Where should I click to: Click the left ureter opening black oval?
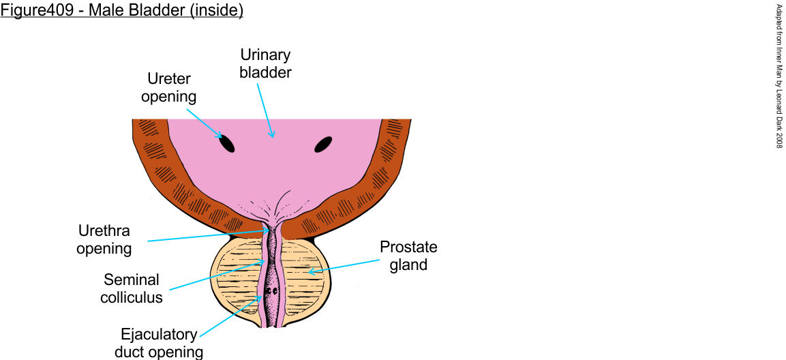pyautogui.click(x=226, y=143)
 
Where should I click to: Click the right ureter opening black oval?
pyautogui.click(x=322, y=144)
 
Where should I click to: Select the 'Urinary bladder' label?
pyautogui.click(x=265, y=63)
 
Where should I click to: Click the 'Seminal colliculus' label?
pyautogui.click(x=132, y=288)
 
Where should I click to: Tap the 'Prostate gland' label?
pyautogui.click(x=408, y=256)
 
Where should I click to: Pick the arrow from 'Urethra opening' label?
pyautogui.click(x=205, y=236)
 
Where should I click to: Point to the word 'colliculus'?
pyautogui.click(x=132, y=297)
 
